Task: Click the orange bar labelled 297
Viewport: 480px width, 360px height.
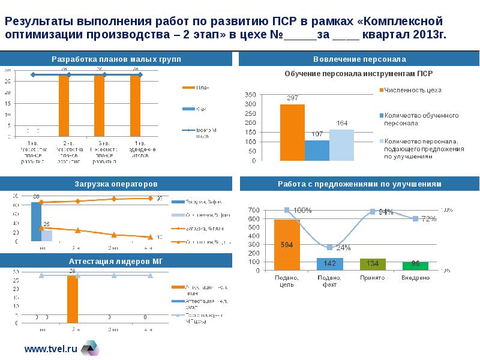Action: (x=292, y=133)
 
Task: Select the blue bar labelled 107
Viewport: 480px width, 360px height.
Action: (x=317, y=150)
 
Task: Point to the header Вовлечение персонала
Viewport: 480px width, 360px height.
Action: (x=359, y=59)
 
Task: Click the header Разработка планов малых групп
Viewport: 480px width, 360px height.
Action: (x=116, y=59)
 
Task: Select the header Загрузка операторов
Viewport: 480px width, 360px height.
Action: (x=116, y=184)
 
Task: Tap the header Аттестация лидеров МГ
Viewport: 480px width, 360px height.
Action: (x=116, y=261)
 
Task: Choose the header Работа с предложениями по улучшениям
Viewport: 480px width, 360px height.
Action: (x=359, y=184)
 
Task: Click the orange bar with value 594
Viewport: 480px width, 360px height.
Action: (x=287, y=245)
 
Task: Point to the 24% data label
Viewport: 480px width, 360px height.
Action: (x=343, y=247)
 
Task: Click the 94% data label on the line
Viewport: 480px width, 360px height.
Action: (x=386, y=212)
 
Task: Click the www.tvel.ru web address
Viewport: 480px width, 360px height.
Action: (x=51, y=347)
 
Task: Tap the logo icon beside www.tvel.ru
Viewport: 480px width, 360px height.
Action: (x=90, y=347)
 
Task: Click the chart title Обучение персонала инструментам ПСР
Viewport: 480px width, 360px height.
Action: (x=358, y=74)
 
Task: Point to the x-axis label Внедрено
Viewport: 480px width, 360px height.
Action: (x=415, y=278)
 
